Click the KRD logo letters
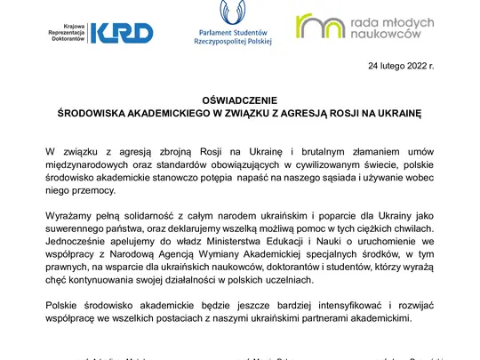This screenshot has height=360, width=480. (128, 33)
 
